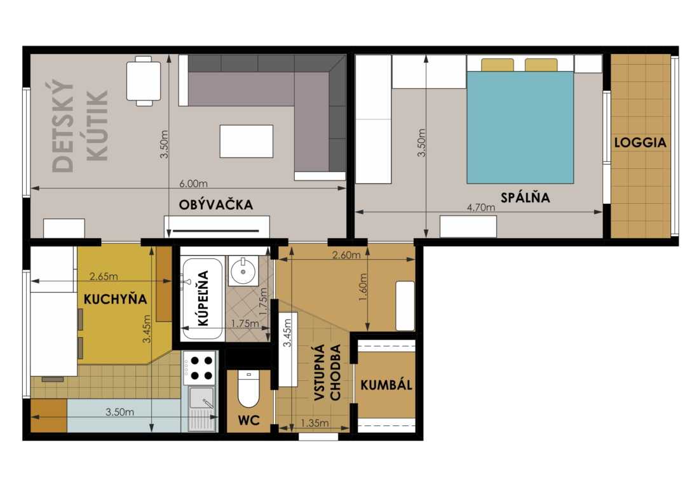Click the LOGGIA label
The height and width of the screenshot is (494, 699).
(640, 142)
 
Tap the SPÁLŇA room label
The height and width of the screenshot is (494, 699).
(525, 197)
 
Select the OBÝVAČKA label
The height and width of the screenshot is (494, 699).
(216, 204)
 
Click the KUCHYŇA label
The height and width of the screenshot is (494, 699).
(116, 299)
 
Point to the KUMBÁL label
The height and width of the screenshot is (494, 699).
(386, 385)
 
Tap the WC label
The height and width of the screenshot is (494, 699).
(248, 420)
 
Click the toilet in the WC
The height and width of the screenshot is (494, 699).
(248, 388)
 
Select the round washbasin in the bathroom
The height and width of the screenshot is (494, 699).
(243, 271)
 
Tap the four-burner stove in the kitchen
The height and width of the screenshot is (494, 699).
(200, 368)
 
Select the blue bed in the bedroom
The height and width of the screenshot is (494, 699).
(520, 127)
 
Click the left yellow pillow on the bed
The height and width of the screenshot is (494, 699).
(497, 65)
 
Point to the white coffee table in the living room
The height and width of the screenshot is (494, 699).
(247, 141)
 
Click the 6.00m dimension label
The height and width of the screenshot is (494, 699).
(193, 183)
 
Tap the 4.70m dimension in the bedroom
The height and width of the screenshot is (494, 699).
(480, 207)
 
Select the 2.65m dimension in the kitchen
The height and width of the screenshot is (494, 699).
(104, 276)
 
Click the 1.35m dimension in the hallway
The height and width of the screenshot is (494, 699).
(315, 423)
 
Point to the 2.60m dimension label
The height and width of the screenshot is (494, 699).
(346, 255)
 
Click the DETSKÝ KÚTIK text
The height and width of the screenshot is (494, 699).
(80, 126)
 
